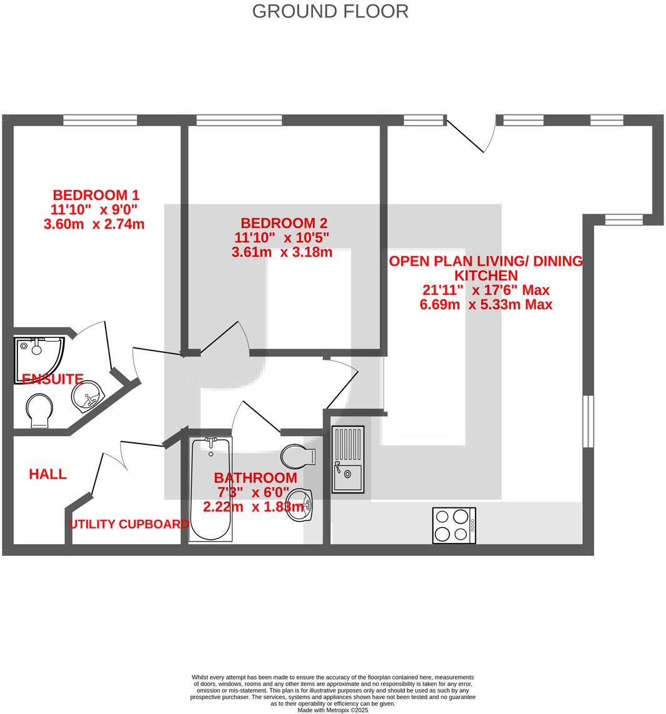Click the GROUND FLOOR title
[x=330, y=11]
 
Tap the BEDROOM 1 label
[x=96, y=194]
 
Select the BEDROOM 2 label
[x=284, y=223]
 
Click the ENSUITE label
[x=52, y=379]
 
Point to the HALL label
[x=47, y=474]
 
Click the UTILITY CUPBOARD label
[x=129, y=524]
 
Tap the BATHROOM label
[x=255, y=478]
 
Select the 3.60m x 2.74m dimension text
[x=94, y=224]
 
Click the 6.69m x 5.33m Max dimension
[x=486, y=305]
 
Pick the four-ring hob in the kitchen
[x=454, y=525]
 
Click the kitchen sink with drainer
[x=347, y=459]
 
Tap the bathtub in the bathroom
[x=211, y=488]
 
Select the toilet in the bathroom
[x=299, y=456]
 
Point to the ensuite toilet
[x=39, y=410]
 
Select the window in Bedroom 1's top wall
[x=100, y=120]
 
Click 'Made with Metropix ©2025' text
[x=332, y=710]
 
